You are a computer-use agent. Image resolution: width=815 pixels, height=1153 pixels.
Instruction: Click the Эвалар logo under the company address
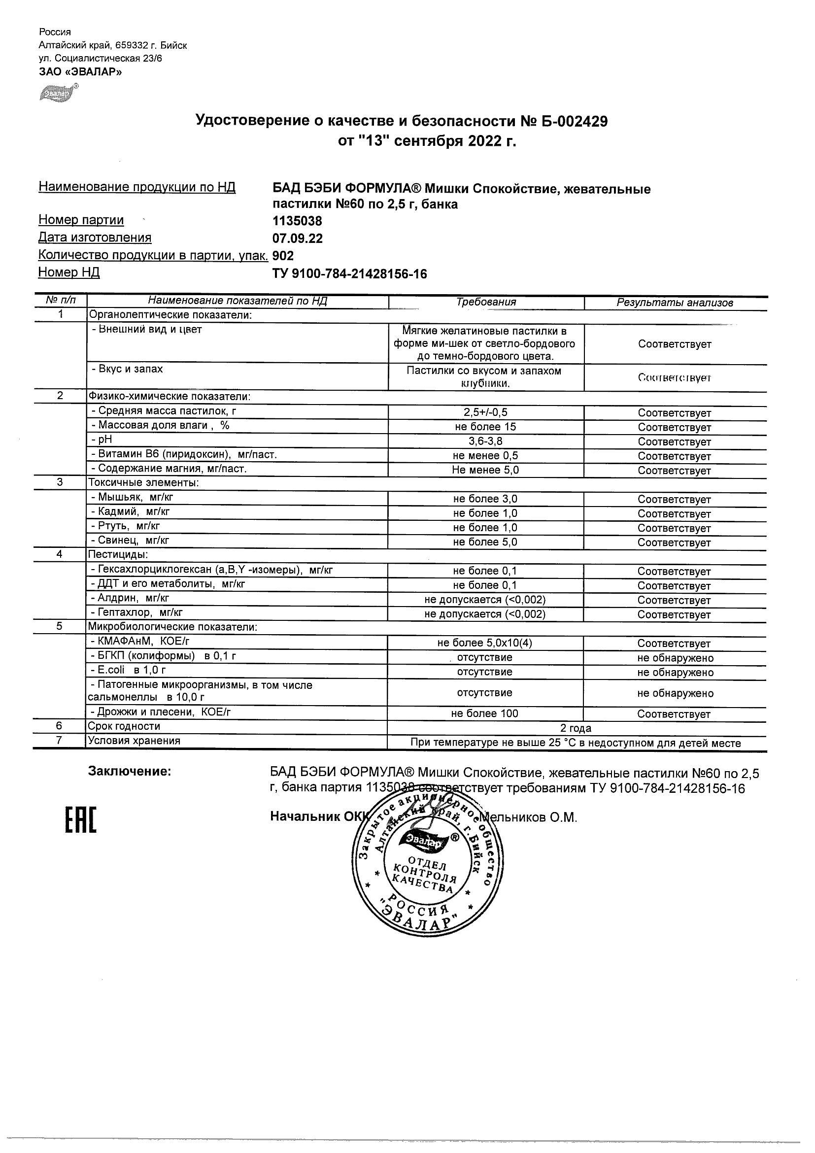59,93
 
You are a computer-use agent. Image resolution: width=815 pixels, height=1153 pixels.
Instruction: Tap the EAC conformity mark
80,820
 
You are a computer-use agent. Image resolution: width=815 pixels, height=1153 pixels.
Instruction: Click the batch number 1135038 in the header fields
297,221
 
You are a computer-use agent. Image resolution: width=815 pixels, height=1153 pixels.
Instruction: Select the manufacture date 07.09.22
297,238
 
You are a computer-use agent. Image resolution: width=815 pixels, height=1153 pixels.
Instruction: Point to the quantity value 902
283,256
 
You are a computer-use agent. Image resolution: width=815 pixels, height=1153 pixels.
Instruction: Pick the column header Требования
485,302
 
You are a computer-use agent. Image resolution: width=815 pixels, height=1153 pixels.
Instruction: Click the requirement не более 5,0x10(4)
484,643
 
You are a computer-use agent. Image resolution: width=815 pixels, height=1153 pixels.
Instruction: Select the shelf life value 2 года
576,728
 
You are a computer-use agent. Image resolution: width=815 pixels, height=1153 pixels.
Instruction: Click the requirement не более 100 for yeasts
484,713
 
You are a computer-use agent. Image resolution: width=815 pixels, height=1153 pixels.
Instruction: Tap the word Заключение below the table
130,771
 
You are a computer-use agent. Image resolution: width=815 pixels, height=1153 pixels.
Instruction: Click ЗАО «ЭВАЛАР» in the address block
80,72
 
